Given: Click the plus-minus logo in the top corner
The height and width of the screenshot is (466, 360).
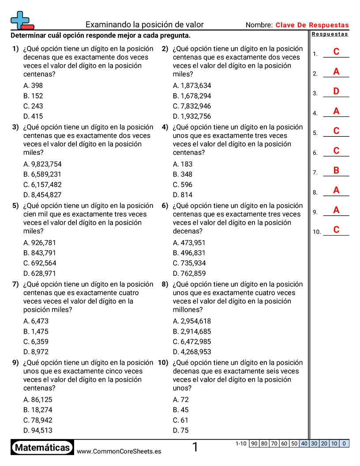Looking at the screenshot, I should [22, 20].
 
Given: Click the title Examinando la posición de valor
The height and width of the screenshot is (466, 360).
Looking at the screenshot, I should [144, 25].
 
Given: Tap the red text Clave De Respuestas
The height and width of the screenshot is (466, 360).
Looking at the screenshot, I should [312, 25].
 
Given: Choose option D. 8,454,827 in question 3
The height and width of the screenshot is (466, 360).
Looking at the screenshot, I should [42, 195].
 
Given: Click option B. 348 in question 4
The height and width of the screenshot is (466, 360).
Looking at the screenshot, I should [183, 174].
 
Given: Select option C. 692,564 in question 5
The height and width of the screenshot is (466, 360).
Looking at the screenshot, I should [40, 263].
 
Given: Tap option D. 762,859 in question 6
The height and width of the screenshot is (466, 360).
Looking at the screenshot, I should [189, 273].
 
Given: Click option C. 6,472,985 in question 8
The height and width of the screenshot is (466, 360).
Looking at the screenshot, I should [192, 342].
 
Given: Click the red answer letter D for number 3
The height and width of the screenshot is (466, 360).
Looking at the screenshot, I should [336, 91].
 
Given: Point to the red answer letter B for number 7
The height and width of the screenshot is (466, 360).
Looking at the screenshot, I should [336, 170].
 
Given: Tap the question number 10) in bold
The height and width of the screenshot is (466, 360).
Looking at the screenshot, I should [163, 363].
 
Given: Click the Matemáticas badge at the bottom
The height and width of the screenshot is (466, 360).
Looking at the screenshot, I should [42, 448].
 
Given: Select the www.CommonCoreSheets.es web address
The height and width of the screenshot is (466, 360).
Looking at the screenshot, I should [119, 451].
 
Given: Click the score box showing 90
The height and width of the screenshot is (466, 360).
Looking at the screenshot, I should [254, 443].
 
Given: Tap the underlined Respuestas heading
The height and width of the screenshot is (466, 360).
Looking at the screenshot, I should [330, 34].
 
